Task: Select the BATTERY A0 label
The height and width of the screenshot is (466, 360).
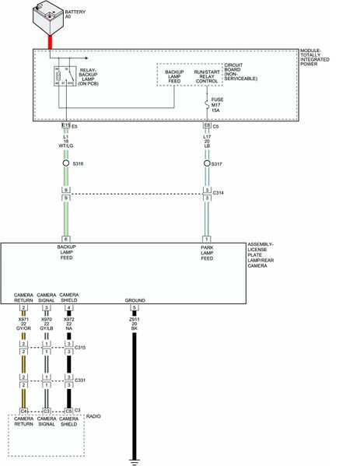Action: (76, 16)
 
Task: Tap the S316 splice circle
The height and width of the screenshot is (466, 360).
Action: (66, 164)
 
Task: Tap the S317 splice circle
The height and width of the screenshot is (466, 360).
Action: (207, 164)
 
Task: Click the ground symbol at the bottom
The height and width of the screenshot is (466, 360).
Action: (135, 459)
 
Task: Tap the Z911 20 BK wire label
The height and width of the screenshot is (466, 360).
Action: (135, 324)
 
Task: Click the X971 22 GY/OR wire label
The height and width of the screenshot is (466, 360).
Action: (24, 324)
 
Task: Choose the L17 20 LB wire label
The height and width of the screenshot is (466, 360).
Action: (208, 142)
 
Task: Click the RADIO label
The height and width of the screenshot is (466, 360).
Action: (93, 417)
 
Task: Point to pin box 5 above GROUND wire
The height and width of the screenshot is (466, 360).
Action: (135, 307)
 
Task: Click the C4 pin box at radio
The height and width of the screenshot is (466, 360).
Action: (24, 410)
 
